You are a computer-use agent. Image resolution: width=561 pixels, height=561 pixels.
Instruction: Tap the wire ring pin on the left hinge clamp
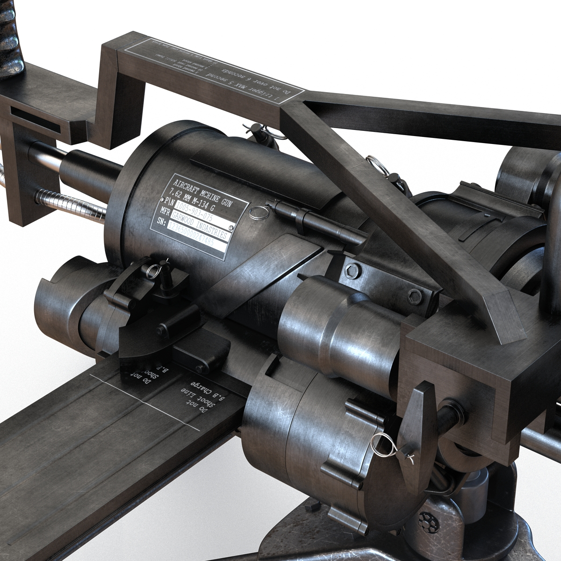click(153, 270)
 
